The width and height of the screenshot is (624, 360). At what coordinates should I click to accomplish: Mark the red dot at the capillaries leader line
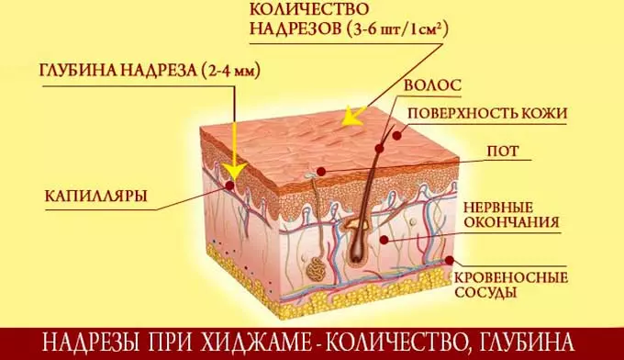229,186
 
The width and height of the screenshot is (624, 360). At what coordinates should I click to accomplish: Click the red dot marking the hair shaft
396,134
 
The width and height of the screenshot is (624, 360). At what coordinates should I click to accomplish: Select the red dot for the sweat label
322,170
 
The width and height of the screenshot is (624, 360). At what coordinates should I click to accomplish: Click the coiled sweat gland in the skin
316,268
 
